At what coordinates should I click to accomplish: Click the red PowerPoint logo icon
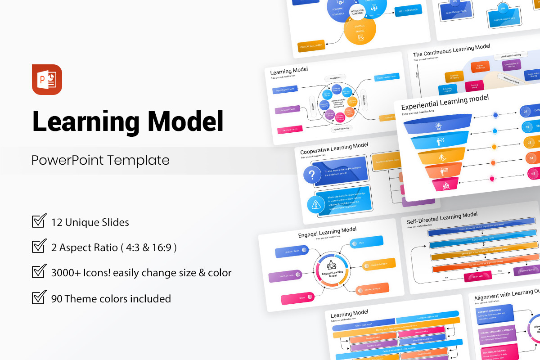click(47, 80)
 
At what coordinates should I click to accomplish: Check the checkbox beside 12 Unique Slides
click(39, 221)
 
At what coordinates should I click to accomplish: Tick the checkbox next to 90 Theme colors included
click(39, 297)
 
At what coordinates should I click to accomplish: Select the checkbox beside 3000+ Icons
click(39, 272)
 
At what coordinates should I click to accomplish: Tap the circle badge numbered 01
click(525, 111)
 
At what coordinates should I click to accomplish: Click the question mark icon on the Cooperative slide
click(312, 174)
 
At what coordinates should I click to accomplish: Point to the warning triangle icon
click(315, 205)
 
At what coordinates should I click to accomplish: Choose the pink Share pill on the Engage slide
click(295, 298)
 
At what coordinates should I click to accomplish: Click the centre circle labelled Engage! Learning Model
click(333, 270)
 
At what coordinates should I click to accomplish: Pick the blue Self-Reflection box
click(408, 10)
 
